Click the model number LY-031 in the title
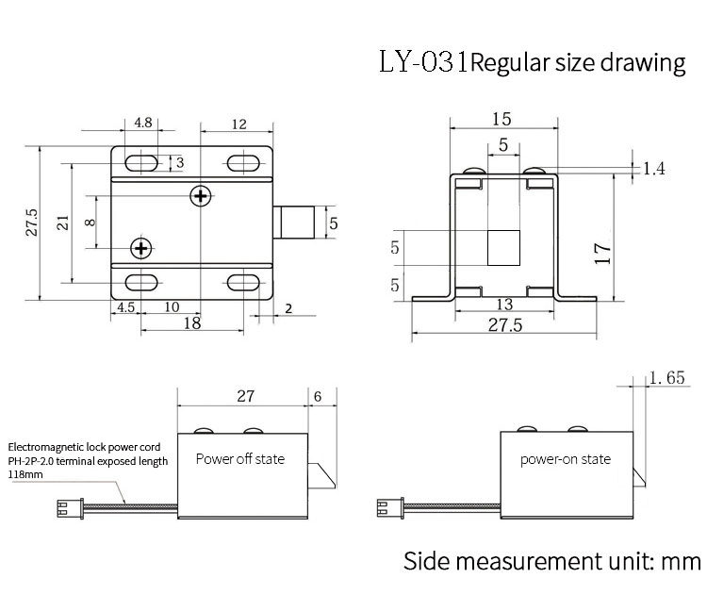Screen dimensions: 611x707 [423, 63]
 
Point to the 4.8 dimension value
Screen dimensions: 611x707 [143, 124]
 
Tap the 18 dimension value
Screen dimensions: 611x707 [191, 323]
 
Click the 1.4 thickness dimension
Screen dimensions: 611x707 [654, 169]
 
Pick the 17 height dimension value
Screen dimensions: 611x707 [604, 252]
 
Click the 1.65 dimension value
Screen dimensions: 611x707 [666, 378]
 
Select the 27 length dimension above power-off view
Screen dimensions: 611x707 [245, 397]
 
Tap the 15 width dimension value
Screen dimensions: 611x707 [502, 119]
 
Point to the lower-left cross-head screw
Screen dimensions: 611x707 [141, 248]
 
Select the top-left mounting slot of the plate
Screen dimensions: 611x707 [143, 160]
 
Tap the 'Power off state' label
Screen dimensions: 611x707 [239, 459]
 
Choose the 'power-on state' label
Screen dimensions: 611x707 [566, 459]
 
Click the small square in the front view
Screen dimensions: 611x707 [503, 248]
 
